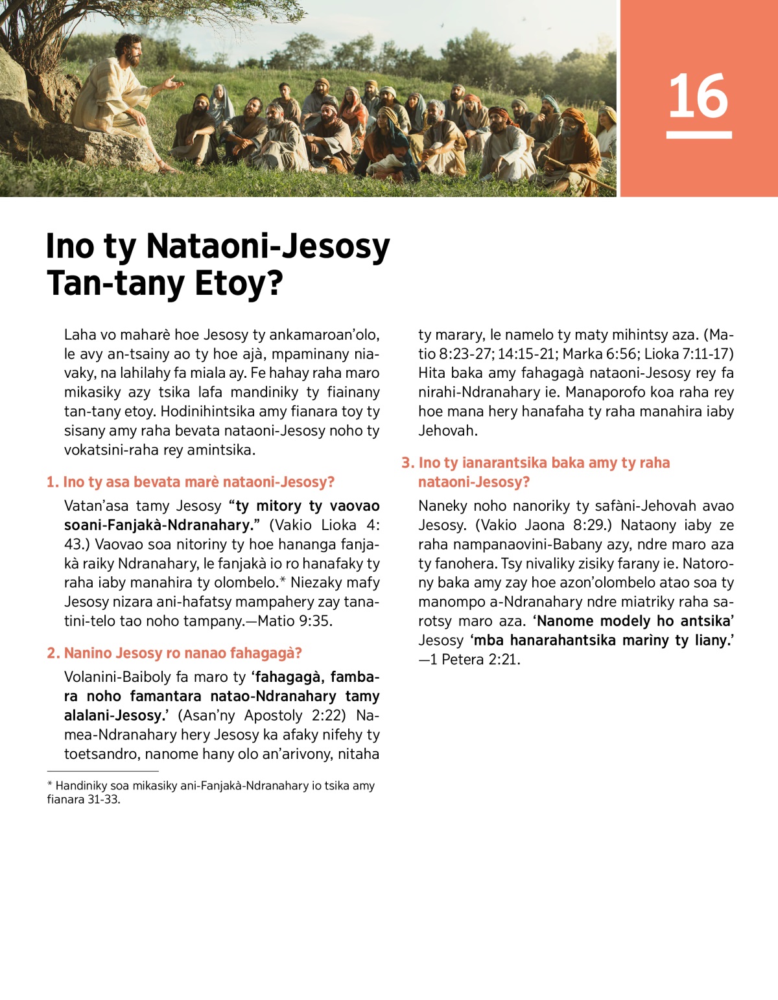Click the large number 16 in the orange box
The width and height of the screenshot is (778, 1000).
click(x=698, y=96)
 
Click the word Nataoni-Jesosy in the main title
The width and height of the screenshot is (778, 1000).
click(x=268, y=247)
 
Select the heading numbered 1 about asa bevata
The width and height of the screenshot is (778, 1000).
click(x=191, y=482)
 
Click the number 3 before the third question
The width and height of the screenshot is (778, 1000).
click(x=407, y=463)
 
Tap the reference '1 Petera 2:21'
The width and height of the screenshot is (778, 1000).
click(x=475, y=660)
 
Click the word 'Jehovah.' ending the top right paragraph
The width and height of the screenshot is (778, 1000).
click(x=448, y=430)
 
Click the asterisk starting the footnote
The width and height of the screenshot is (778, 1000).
click(x=50, y=785)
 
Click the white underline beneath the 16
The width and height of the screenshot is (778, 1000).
click(x=699, y=135)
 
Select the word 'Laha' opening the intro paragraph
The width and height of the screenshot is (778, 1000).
click(x=80, y=335)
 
